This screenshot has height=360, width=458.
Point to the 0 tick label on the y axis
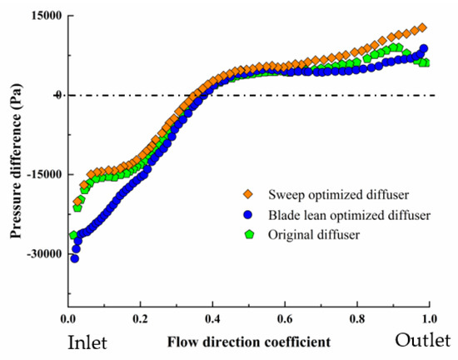[x=57, y=95]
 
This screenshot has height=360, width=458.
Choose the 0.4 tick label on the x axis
[x=212, y=319]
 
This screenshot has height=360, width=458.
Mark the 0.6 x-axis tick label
[x=285, y=319]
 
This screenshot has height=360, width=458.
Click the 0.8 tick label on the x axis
[x=357, y=319]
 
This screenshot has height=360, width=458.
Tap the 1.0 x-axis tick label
[x=429, y=319]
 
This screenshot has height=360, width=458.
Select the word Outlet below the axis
[x=422, y=341]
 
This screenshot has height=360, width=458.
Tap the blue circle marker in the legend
[x=249, y=216]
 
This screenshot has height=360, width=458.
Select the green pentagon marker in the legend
[x=249, y=234]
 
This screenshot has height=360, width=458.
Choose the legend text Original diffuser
[x=314, y=234]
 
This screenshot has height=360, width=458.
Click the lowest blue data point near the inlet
[x=74, y=258]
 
